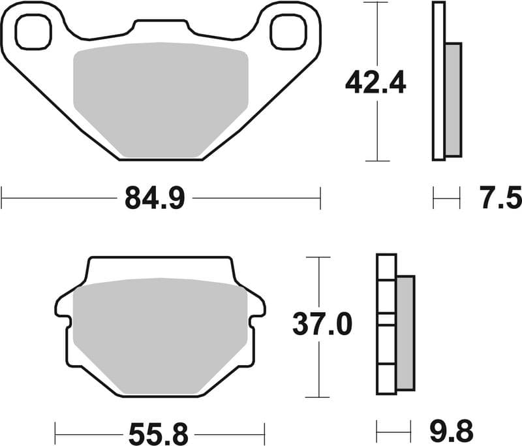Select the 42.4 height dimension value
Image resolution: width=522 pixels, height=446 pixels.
pos(376,82)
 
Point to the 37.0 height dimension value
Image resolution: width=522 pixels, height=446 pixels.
pos(322,325)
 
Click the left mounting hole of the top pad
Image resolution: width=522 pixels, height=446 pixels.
pos(33,32)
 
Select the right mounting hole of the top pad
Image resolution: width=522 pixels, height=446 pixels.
pos(288,32)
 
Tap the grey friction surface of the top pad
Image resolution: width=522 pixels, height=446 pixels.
pos(161,98)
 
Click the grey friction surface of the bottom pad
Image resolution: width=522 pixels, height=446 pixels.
pos(160,336)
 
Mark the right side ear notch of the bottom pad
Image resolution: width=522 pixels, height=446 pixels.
pos(259,308)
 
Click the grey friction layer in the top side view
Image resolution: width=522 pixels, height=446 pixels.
pos(453,99)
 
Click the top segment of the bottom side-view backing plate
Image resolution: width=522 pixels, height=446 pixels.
pos(386,267)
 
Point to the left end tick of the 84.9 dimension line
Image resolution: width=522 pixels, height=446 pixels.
pos(2,197)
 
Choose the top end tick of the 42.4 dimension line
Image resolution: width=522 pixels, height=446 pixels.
pos(377,3)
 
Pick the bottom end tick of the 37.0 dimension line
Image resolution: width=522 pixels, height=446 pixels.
pos(318,396)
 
